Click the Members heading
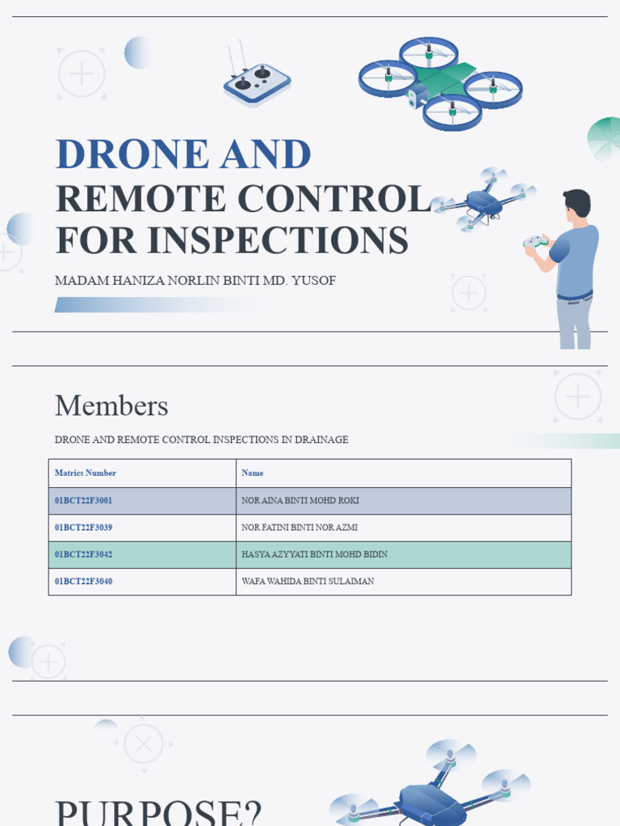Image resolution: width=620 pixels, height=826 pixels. pyautogui.click(x=111, y=406)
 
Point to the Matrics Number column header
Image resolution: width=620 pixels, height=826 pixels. pyautogui.click(x=85, y=473)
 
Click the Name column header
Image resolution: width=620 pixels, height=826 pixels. pyautogui.click(x=252, y=473)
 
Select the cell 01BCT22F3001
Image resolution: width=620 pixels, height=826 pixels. pyautogui.click(x=83, y=501)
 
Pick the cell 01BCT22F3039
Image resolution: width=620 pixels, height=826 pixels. pyautogui.click(x=83, y=528)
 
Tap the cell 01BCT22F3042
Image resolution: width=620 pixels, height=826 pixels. pyautogui.click(x=83, y=555)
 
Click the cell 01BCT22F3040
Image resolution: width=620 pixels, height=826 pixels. pyautogui.click(x=83, y=582)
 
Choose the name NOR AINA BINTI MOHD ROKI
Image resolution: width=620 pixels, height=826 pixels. pyautogui.click(x=300, y=501)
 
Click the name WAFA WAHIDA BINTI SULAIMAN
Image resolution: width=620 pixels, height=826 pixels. pyautogui.click(x=308, y=582)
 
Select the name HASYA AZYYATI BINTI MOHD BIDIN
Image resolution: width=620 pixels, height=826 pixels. pyautogui.click(x=314, y=555)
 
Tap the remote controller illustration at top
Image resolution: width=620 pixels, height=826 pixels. pyautogui.click(x=257, y=82)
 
